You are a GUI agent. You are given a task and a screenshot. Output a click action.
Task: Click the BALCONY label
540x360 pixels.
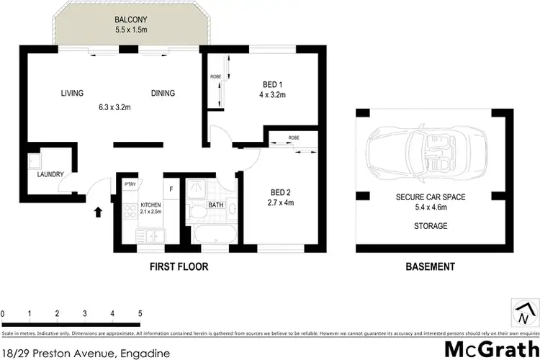(x=130, y=20)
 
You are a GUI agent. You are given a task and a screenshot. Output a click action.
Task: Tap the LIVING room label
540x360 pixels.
(x=72, y=93)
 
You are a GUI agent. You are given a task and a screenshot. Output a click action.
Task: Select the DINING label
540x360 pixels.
(x=163, y=93)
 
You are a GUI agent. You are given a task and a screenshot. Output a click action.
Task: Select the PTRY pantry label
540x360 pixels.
(x=130, y=184)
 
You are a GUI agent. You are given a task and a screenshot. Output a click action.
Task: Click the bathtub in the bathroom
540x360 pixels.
(x=214, y=234)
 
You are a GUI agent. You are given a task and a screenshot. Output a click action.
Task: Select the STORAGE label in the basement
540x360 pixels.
(x=431, y=226)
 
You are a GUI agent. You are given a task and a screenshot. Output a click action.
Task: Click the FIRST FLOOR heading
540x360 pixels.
(x=179, y=266)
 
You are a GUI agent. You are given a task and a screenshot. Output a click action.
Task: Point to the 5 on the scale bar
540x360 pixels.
(x=140, y=314)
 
